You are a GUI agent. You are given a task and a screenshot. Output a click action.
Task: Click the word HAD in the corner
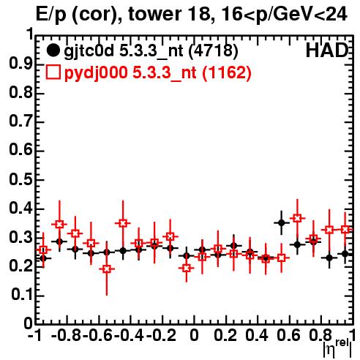click(x=327, y=50)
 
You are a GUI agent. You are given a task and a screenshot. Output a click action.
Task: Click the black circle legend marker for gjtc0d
click(x=53, y=50)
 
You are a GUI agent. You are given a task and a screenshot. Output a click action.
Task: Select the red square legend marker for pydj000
click(x=53, y=72)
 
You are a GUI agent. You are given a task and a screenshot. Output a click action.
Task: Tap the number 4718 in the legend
click(x=214, y=50)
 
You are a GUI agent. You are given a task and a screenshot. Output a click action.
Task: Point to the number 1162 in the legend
click(x=227, y=72)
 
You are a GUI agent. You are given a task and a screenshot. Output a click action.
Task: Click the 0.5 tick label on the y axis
click(x=20, y=180)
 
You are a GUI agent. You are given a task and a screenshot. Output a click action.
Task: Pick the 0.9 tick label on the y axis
click(x=20, y=64)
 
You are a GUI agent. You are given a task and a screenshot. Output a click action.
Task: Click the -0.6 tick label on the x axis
click(x=97, y=335)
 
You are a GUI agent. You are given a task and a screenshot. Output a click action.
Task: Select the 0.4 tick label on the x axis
click(x=257, y=335)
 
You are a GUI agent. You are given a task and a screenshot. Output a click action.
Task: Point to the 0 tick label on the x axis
click(x=194, y=335)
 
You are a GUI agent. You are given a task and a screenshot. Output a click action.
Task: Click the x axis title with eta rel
click(x=337, y=349)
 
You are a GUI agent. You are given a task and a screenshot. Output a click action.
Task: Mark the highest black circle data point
click(x=282, y=222)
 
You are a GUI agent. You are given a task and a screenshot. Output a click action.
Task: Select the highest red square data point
click(x=297, y=218)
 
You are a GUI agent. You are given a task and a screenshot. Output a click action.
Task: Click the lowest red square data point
click(x=107, y=269)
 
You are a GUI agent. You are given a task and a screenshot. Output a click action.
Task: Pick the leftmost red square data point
click(x=43, y=250)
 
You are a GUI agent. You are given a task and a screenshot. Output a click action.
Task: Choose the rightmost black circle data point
click(x=345, y=254)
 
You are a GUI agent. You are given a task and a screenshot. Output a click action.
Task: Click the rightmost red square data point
click(x=345, y=230)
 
